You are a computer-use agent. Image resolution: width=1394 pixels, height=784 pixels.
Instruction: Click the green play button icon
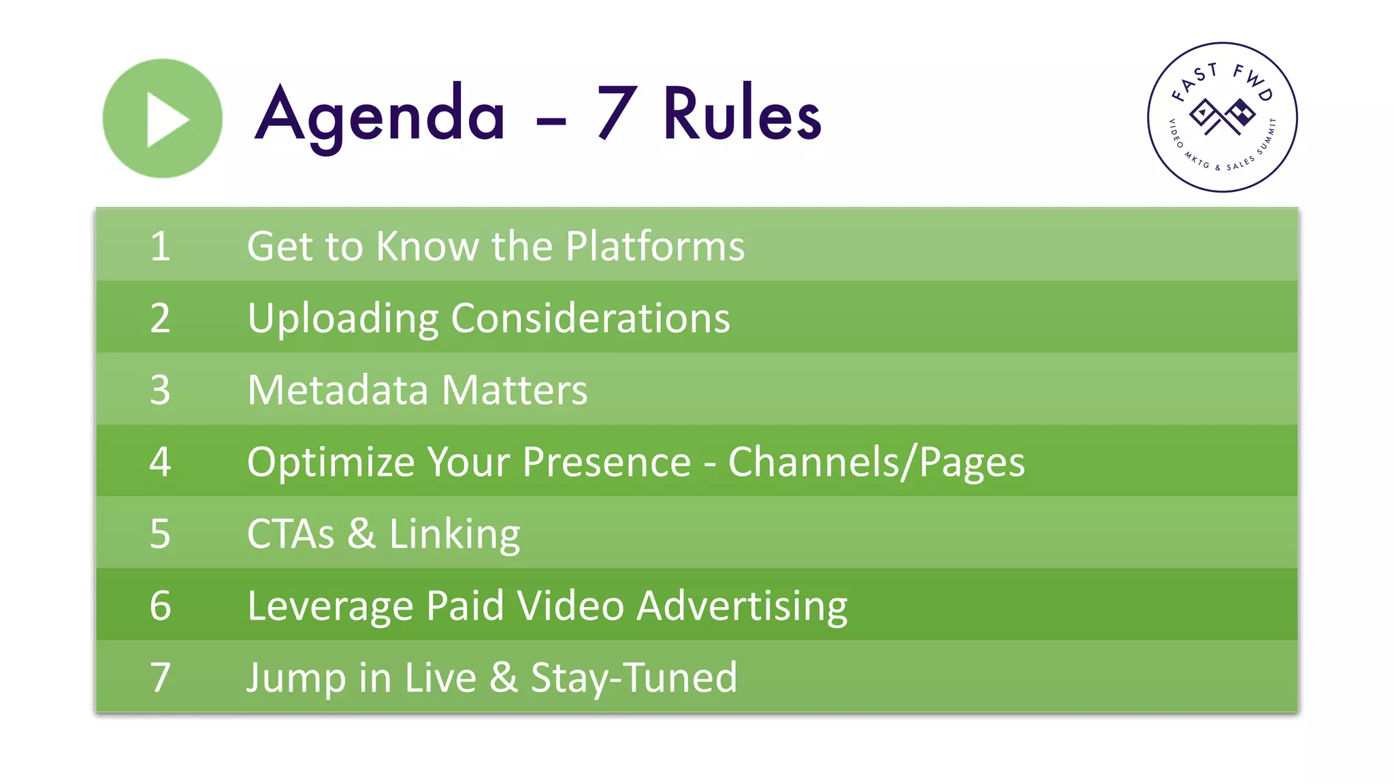162,118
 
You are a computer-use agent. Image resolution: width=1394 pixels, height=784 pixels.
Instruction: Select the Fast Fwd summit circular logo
1222,117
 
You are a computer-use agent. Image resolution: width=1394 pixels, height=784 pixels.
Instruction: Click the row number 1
160,246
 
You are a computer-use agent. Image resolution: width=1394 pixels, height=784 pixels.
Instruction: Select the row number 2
160,318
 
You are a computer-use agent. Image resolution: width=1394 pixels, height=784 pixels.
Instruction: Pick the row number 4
160,461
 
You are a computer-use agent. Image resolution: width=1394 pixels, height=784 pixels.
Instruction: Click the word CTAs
291,534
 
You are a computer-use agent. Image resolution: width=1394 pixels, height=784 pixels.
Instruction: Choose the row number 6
160,606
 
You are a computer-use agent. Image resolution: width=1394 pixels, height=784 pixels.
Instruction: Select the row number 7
160,678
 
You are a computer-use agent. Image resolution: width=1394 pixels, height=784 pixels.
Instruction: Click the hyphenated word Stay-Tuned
634,678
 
